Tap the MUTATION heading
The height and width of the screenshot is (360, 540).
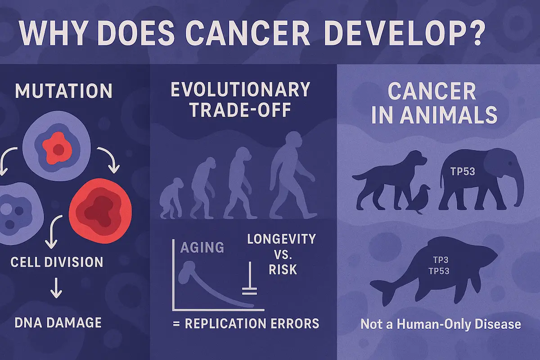pos(63,90)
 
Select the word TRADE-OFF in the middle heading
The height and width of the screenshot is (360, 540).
pos(241,110)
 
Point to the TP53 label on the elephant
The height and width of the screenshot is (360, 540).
pos(463,172)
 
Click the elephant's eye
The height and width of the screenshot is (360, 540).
pos(510,164)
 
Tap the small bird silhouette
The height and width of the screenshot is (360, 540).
pos(418,199)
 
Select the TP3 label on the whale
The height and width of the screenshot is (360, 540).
pos(441,260)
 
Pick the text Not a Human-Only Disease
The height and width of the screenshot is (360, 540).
pos(441,324)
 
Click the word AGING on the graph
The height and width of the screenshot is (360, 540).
pos(202,247)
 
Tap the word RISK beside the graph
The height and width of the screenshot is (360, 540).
pos(283,270)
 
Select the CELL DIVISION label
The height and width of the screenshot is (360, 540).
pos(57,262)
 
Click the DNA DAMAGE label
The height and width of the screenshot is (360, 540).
pos(58,323)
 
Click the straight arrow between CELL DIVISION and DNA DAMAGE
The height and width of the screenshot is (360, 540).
pos(56,288)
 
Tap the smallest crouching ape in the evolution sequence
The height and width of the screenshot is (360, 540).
pos(171,198)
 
